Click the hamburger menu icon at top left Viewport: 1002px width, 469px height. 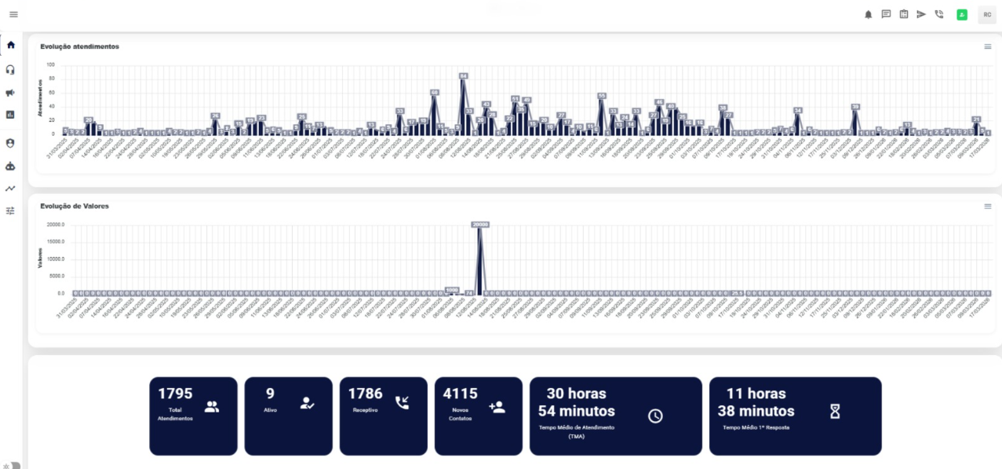(13, 15)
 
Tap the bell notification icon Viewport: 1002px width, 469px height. (869, 14)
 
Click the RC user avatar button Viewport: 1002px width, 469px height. (986, 14)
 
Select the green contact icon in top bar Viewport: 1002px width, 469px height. (961, 14)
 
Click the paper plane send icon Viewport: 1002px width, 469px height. (921, 14)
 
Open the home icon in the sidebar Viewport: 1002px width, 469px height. (11, 45)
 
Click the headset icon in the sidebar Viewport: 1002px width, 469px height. (11, 69)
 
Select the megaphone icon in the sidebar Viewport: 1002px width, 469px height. (11, 93)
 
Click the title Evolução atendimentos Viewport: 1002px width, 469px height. (79, 46)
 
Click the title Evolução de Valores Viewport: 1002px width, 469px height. (75, 206)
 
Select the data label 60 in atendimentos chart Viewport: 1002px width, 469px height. (434, 93)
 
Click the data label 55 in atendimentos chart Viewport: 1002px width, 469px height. (602, 96)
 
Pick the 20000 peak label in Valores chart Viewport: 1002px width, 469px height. (480, 225)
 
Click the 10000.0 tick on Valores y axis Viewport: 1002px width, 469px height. (56, 259)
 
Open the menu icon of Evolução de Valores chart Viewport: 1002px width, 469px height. (988, 206)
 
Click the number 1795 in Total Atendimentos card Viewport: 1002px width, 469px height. (175, 394)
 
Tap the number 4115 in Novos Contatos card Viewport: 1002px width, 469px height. (460, 394)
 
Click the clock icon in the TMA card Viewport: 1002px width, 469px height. (655, 416)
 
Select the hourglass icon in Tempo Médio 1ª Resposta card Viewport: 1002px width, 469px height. (835, 411)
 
